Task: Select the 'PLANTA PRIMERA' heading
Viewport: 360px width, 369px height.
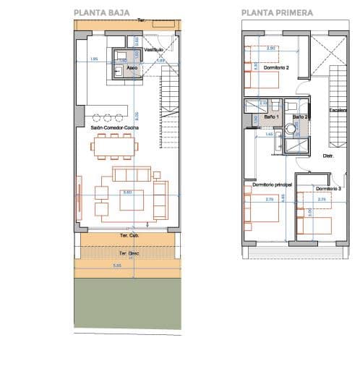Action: (x=277, y=12)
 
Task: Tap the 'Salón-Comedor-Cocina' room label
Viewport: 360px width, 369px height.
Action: (x=114, y=127)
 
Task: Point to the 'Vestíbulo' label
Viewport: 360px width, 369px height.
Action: (x=153, y=50)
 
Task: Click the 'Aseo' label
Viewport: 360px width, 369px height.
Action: (x=132, y=68)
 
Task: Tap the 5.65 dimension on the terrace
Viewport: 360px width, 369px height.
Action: (x=127, y=266)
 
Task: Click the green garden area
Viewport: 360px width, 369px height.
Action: (x=127, y=304)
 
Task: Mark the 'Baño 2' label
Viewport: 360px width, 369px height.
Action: (x=301, y=116)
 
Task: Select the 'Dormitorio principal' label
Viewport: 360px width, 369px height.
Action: (x=272, y=185)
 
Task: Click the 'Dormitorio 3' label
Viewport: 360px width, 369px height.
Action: (x=327, y=188)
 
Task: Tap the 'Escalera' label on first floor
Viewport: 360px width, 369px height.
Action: (x=339, y=110)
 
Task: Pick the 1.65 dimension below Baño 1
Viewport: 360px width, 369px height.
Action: (x=269, y=134)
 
